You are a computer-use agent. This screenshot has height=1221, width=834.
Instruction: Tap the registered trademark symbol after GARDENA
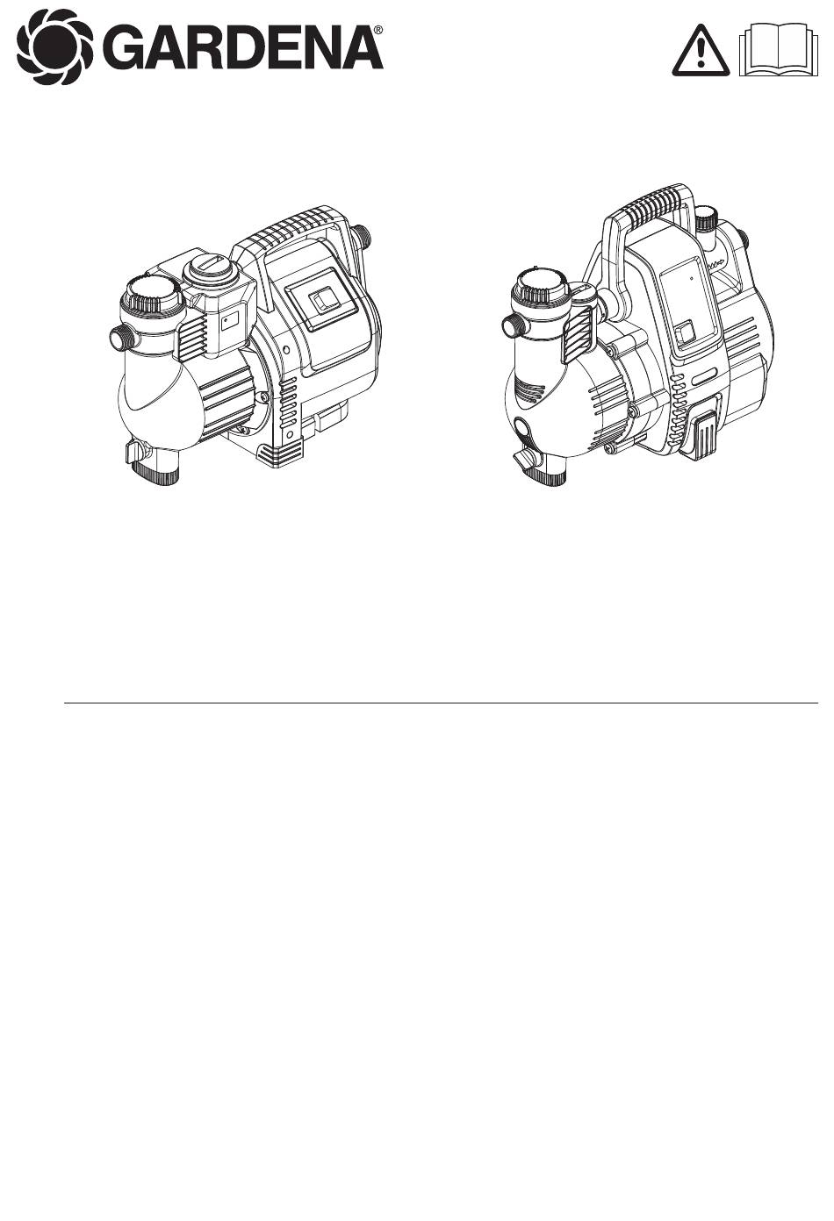point(378,29)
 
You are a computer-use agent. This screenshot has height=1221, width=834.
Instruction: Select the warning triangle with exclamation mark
point(701,52)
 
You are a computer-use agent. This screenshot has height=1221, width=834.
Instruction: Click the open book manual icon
point(779,50)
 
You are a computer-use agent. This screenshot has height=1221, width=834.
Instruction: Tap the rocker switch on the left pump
point(319,303)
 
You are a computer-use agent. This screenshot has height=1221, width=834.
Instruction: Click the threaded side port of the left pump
point(123,339)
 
